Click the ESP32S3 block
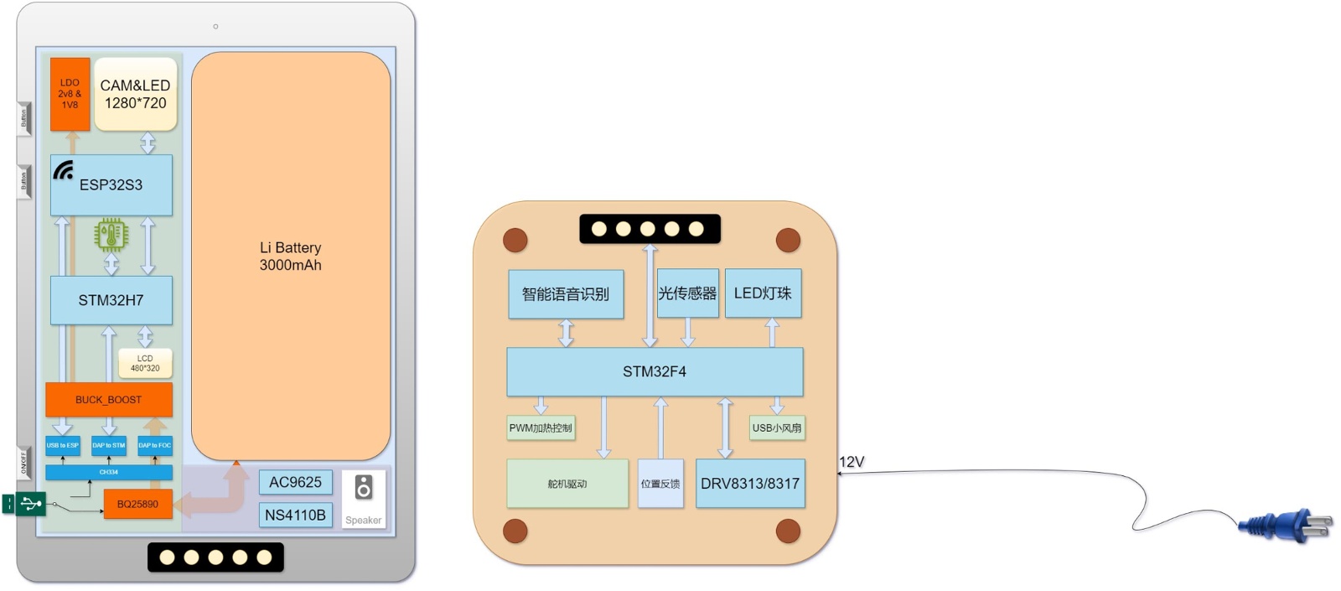pyautogui.click(x=111, y=185)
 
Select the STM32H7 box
pyautogui.click(x=111, y=300)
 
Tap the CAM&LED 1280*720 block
pyautogui.click(x=135, y=94)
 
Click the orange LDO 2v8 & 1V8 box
pyautogui.click(x=70, y=94)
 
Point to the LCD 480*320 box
pyautogui.click(x=145, y=363)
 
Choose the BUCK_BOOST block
pyautogui.click(x=109, y=400)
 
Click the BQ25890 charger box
pyautogui.click(x=137, y=504)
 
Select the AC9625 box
pyautogui.click(x=295, y=482)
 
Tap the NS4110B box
pyautogui.click(x=295, y=515)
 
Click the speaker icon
pyautogui.click(x=363, y=487)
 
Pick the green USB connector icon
pyautogui.click(x=25, y=504)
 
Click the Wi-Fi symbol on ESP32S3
pyautogui.click(x=63, y=171)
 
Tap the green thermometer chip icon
pyautogui.click(x=111, y=236)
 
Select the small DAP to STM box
pyautogui.click(x=109, y=445)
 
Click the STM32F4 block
pyautogui.click(x=655, y=371)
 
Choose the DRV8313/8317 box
pyautogui.click(x=750, y=483)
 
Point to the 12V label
pyautogui.click(x=851, y=462)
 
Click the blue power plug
pyautogui.click(x=1285, y=526)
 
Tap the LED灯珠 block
pyautogui.click(x=763, y=293)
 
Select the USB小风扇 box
pyautogui.click(x=777, y=428)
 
